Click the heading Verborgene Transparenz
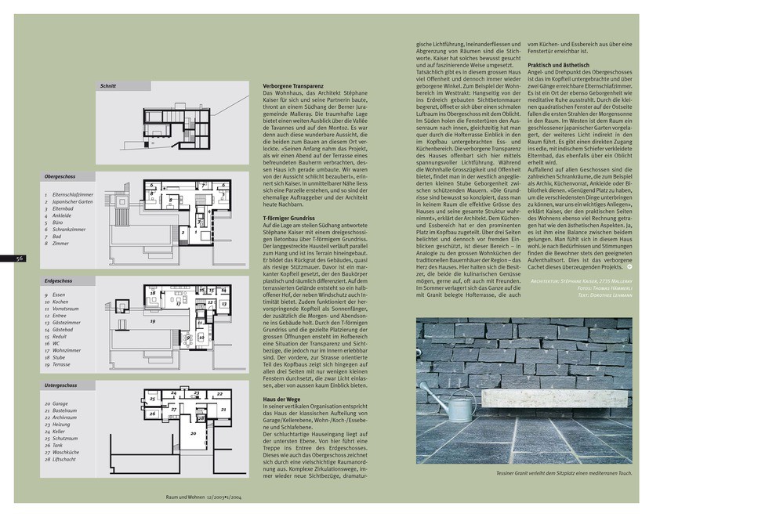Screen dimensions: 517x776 click(x=294, y=86)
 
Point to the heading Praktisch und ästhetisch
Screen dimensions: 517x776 click(x=558, y=65)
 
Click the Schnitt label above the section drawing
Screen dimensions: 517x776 click(x=108, y=85)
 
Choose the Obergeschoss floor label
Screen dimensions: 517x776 click(x=60, y=177)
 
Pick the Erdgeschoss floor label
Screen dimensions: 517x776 click(x=59, y=280)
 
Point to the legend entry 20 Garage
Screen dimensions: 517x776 click(x=61, y=403)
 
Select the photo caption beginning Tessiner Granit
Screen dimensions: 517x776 click(x=563, y=473)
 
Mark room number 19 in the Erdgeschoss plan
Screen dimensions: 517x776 click(x=153, y=321)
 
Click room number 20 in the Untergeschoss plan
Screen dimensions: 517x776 click(x=193, y=432)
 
